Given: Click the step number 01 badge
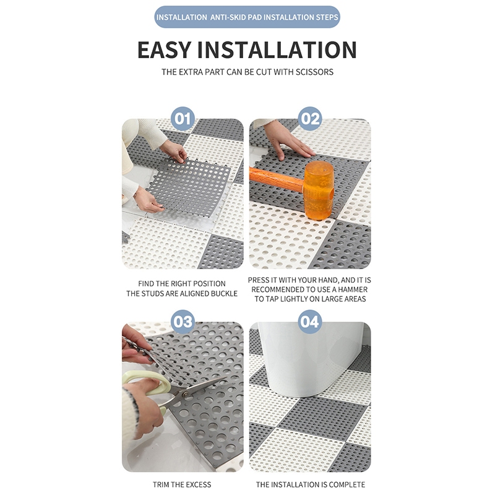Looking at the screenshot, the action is [183, 119].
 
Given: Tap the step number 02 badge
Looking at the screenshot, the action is [311, 119].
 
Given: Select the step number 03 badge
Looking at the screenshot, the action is [183, 322].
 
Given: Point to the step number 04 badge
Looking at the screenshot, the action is [311, 322].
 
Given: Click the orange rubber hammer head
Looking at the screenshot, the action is [318, 190].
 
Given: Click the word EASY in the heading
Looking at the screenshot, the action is [164, 50].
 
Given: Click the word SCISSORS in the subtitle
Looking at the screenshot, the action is [314, 72].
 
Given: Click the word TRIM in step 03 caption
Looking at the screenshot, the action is [161, 484].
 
